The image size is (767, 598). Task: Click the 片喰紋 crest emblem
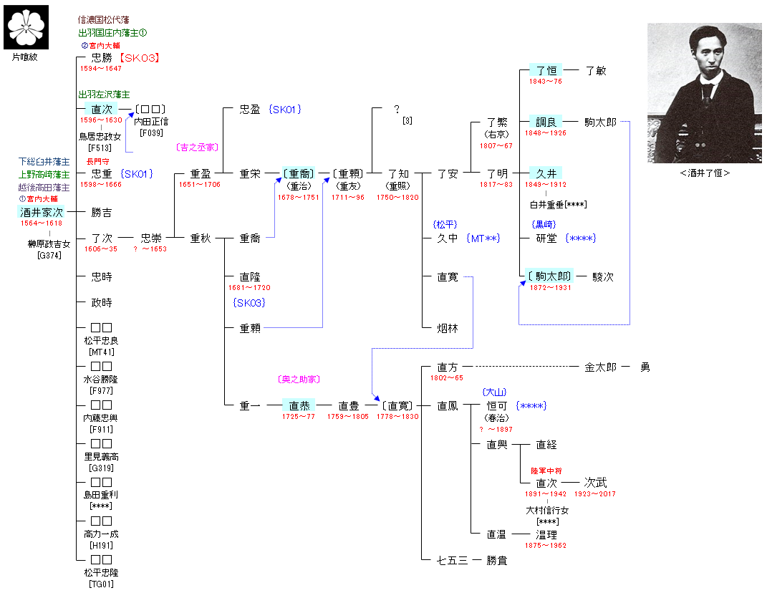click(x=28, y=27)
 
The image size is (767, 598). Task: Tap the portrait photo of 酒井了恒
click(x=705, y=93)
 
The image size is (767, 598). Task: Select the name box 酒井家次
click(x=42, y=212)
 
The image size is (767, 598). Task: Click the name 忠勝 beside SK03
click(x=102, y=58)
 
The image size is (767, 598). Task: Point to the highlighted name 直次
click(x=102, y=109)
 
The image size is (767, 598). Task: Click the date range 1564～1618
click(x=42, y=223)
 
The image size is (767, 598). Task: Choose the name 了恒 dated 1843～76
click(x=546, y=70)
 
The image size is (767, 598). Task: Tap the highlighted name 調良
click(x=546, y=122)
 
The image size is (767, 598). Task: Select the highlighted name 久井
click(x=546, y=173)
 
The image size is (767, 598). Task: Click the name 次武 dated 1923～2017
click(x=597, y=483)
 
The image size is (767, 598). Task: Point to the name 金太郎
click(x=600, y=367)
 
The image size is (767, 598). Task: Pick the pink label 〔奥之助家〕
click(x=297, y=380)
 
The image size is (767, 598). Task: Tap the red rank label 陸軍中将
click(x=546, y=471)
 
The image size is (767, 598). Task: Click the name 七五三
click(x=453, y=560)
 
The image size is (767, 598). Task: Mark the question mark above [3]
click(x=397, y=110)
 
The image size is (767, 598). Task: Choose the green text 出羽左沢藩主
click(x=104, y=95)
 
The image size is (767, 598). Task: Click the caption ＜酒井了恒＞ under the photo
click(x=705, y=173)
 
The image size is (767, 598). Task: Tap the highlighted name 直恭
click(x=299, y=405)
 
